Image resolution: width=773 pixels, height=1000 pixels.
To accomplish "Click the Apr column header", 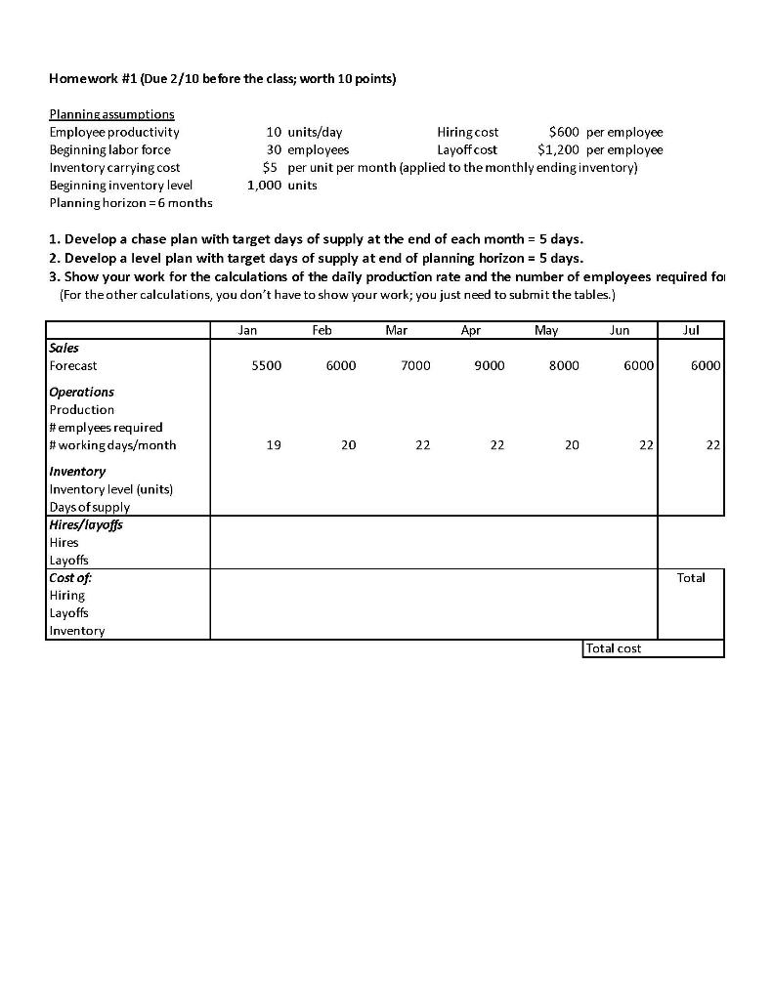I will click(471, 330).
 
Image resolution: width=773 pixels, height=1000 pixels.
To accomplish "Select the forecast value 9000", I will click(490, 365).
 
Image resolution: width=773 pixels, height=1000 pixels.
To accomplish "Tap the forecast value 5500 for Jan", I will click(266, 365).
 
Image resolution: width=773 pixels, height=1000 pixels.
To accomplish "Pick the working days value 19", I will click(274, 445).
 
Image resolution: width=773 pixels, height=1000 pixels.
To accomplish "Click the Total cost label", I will click(614, 648).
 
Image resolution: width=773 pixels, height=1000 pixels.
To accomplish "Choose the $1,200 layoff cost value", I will click(558, 149).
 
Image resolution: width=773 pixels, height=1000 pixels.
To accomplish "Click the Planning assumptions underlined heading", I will click(111, 114).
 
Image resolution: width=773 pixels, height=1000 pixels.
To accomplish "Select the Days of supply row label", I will click(89, 507).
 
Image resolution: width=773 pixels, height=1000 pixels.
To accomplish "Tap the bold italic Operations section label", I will click(82, 392).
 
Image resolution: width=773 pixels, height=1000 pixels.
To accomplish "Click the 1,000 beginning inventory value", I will click(264, 185).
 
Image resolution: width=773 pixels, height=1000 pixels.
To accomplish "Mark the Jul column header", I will click(691, 330).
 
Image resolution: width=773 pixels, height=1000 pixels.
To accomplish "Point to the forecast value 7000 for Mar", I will click(415, 365).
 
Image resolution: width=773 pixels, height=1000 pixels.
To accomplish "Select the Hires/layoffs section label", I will click(86, 524).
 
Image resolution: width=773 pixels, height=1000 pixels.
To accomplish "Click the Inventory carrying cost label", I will click(114, 167).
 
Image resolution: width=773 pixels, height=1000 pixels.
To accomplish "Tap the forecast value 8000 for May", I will click(564, 365).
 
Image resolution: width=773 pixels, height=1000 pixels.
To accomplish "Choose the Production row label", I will click(82, 409).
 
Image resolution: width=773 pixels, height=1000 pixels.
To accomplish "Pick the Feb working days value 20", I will click(349, 445).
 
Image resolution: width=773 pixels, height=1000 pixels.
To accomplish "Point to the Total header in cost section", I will click(691, 578).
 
